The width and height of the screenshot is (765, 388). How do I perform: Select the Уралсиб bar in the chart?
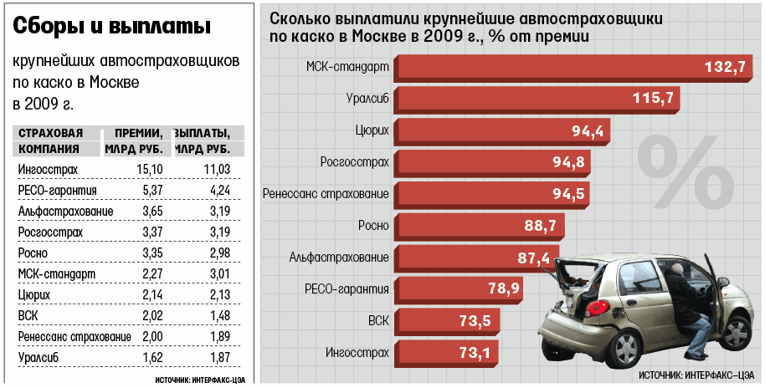(x=537, y=99)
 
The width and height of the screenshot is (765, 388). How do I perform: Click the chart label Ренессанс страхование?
(x=326, y=194)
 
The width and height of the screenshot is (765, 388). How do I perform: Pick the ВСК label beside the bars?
(x=378, y=320)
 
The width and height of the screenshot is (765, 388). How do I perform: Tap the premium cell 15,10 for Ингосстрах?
(x=148, y=170)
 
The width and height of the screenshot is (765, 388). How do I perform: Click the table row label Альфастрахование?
(x=56, y=212)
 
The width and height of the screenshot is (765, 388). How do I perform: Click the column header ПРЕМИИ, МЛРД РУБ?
(x=137, y=141)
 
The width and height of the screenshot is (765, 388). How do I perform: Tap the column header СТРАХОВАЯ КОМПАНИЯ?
(x=50, y=141)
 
